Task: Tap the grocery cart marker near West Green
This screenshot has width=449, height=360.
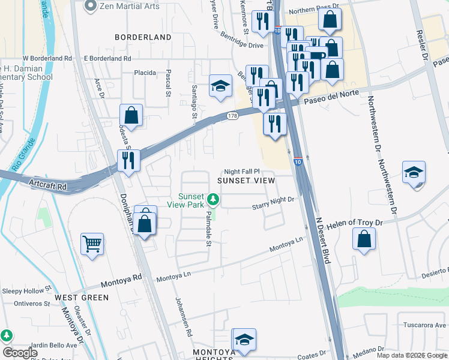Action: (92, 244)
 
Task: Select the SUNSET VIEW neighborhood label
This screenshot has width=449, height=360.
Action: (246, 180)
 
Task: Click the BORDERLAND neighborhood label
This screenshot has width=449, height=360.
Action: (143, 37)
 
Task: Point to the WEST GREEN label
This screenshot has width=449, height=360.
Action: (82, 298)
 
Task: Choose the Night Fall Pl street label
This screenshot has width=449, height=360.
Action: (242, 171)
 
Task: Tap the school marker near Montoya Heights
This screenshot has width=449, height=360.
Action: (244, 340)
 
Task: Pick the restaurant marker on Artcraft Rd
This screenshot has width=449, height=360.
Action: (128, 160)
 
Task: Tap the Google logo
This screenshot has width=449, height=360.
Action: (20, 353)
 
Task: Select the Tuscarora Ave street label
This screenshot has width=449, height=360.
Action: (423, 325)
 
